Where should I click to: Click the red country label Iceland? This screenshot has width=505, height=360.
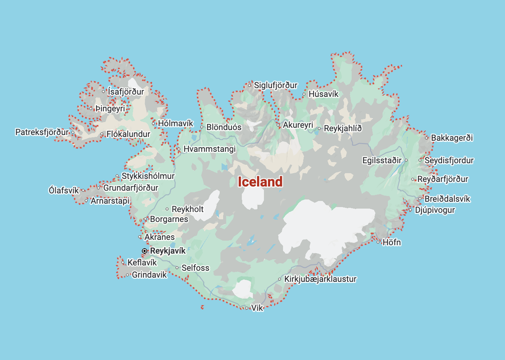pos(260,182)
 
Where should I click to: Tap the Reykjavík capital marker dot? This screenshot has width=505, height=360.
pos(145,251)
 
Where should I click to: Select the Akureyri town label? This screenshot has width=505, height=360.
pos(298,125)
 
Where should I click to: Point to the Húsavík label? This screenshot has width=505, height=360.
pos(323,94)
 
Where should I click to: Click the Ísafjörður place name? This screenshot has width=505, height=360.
pos(126,92)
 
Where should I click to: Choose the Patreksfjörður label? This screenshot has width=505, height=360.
pos(42,132)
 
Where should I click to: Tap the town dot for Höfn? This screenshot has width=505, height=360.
pos(378,242)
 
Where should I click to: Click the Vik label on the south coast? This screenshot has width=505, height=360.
pos(257,308)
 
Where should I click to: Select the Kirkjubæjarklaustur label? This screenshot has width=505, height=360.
pos(320,279)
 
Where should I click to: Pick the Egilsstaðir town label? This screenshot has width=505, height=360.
pos(382,160)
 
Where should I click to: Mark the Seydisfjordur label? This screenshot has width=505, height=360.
pos(449,160)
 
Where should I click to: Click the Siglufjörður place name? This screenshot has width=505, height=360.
pos(276,85)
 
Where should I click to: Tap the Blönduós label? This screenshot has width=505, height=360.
pos(224,127)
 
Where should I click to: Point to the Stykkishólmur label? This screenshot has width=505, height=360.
pos(148,176)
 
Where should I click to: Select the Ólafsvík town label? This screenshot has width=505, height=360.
pos(64,190)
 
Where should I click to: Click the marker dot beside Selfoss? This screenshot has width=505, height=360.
pos(177,268)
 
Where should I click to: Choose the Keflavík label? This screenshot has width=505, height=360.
pos(142,262)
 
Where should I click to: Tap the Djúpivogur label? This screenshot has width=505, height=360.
pos(435,210)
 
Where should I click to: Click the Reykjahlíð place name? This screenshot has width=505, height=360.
pos(343,129)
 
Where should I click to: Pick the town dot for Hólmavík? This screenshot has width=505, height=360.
pos(153,123)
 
